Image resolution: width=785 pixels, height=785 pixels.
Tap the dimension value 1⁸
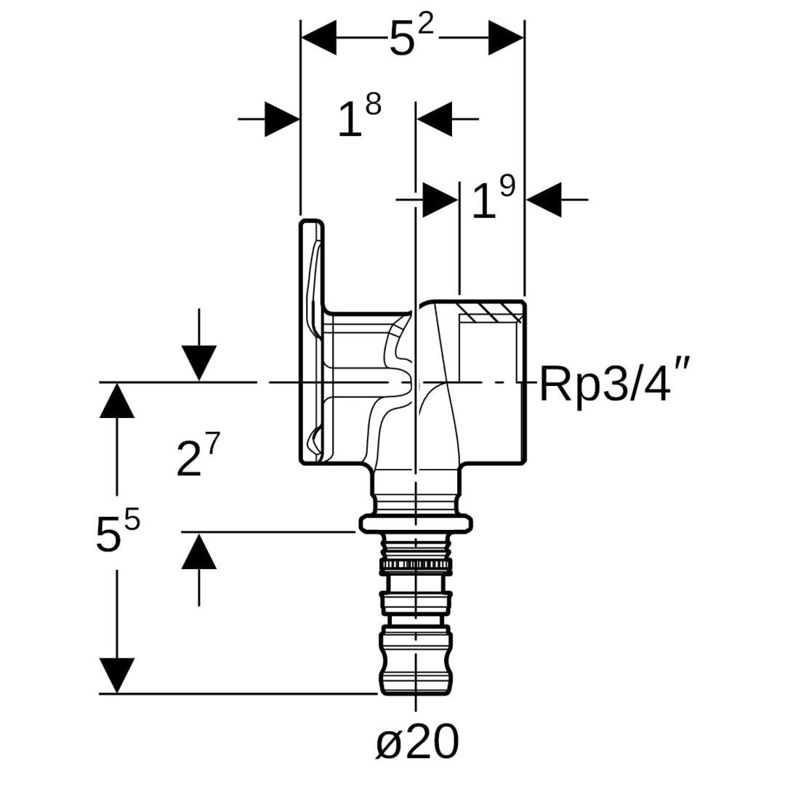click(360, 118)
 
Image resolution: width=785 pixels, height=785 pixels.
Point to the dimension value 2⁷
click(197, 458)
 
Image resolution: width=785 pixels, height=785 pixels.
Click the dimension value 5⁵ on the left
click(117, 532)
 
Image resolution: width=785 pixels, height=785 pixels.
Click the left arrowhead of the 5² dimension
click(318, 38)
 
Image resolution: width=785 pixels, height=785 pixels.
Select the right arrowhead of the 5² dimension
click(507, 38)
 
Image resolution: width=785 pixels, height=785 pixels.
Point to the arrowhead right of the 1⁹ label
click(544, 198)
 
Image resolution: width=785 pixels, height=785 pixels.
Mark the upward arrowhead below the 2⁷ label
click(199, 551)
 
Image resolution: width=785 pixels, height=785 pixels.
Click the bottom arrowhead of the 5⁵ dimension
click(117, 675)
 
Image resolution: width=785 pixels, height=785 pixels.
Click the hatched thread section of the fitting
click(491, 313)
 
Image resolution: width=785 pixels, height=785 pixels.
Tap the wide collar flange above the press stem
click(416, 523)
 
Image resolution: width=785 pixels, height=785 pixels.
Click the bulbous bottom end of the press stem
click(416, 661)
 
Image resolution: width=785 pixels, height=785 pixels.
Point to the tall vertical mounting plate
click(312, 342)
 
